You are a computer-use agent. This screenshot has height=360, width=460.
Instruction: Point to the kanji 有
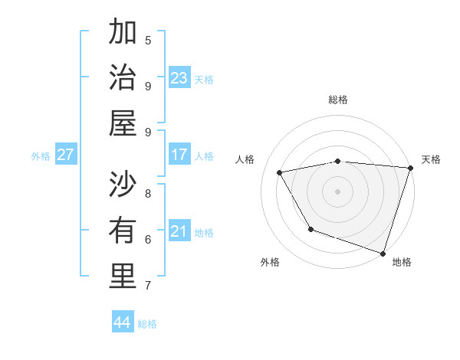click(x=123, y=231)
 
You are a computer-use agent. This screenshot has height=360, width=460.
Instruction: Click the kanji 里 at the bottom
click(x=123, y=277)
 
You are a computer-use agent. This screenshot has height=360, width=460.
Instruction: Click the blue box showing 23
click(x=179, y=77)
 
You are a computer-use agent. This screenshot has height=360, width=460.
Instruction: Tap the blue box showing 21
click(x=179, y=231)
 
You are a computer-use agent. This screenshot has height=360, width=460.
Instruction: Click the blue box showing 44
click(x=123, y=322)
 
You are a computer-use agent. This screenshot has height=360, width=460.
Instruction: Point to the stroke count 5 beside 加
click(x=148, y=40)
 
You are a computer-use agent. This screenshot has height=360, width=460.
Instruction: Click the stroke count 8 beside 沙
click(x=148, y=193)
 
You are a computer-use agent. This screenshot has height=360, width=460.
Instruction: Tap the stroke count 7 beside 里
click(x=148, y=286)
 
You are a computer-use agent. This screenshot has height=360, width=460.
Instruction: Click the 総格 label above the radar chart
click(x=338, y=100)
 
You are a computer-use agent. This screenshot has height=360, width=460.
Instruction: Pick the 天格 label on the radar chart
click(x=431, y=159)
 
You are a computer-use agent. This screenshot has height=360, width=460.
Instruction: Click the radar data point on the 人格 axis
click(x=280, y=172)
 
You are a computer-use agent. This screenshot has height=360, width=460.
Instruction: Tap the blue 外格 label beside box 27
click(x=41, y=156)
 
